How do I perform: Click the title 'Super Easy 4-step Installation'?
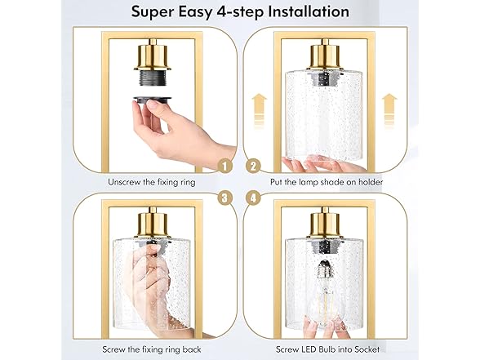pos(240,12)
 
